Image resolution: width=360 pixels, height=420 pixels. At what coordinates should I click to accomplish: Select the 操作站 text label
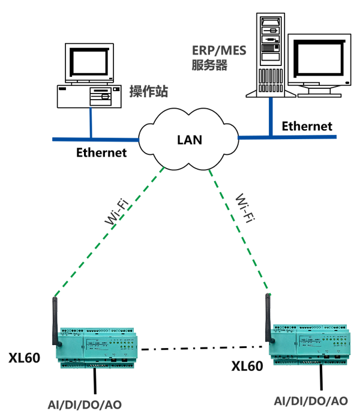pos(149,92)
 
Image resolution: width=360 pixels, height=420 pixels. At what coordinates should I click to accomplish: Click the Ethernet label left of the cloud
pos(101,152)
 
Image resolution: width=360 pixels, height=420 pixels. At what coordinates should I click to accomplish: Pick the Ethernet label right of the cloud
pos(307,126)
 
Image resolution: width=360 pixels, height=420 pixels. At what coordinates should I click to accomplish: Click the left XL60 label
pos(25,359)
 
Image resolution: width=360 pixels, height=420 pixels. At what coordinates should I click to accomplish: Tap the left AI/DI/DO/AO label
pos(85,404)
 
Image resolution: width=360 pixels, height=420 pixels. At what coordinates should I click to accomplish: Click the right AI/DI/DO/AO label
pos(310,401)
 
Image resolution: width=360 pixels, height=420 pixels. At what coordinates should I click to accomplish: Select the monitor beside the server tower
pos(319,63)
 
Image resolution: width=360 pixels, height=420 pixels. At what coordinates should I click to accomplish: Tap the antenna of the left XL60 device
pos(56,321)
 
